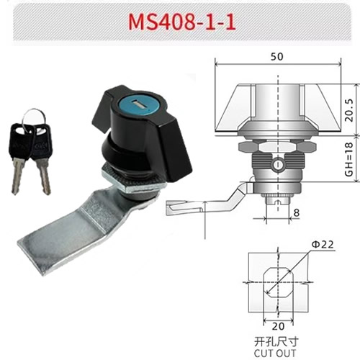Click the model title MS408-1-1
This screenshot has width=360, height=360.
tap(181, 21)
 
